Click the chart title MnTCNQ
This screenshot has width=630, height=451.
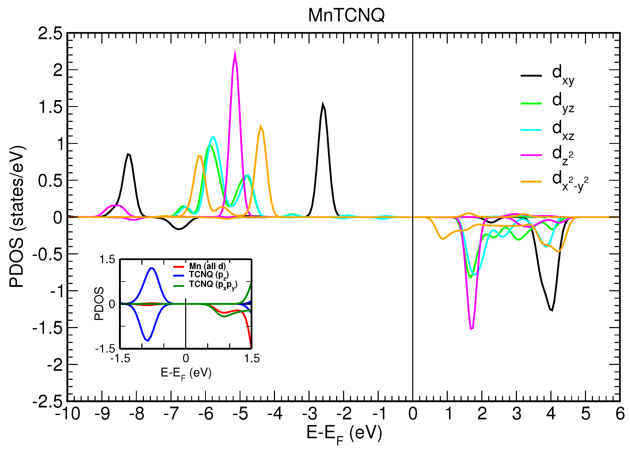[346, 15]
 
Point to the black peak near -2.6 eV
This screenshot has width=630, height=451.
[323, 104]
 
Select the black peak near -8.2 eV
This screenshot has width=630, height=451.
[128, 154]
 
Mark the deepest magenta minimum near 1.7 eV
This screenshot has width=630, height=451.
[471, 329]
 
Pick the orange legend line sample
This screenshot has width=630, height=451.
[531, 182]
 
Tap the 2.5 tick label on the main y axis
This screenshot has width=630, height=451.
[50, 34]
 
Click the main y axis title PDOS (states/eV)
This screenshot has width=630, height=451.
[17, 217]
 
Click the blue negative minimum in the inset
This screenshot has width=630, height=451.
[147, 340]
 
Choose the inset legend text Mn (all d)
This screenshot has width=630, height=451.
[207, 266]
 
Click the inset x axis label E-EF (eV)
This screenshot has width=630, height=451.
[186, 373]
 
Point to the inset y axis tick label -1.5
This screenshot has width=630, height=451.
[105, 349]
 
